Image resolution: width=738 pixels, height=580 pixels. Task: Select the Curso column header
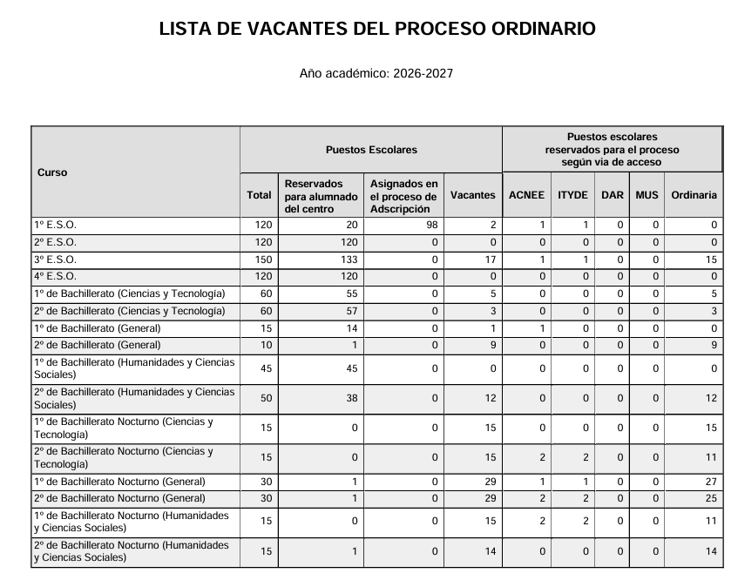[x=52, y=172]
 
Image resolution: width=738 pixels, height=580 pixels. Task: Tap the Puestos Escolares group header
[x=371, y=150]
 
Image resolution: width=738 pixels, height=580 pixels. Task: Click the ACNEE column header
[x=525, y=195]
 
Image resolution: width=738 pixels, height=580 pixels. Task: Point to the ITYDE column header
[x=572, y=195]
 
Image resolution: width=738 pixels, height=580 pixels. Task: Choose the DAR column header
[x=613, y=195]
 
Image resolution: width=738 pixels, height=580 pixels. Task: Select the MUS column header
[x=647, y=195]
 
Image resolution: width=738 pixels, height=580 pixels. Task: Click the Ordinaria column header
[x=694, y=195]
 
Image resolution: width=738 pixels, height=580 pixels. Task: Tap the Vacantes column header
[x=472, y=195]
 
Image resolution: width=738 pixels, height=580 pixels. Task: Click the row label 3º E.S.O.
[x=55, y=260]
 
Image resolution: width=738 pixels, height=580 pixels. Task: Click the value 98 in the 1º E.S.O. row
[x=432, y=225]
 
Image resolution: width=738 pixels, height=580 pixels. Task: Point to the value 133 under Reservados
[x=349, y=260]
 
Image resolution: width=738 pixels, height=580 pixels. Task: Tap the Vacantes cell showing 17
[x=490, y=260]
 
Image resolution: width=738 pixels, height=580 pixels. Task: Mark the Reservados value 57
[x=351, y=311]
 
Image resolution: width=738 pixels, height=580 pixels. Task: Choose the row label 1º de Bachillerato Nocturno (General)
[x=119, y=482]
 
